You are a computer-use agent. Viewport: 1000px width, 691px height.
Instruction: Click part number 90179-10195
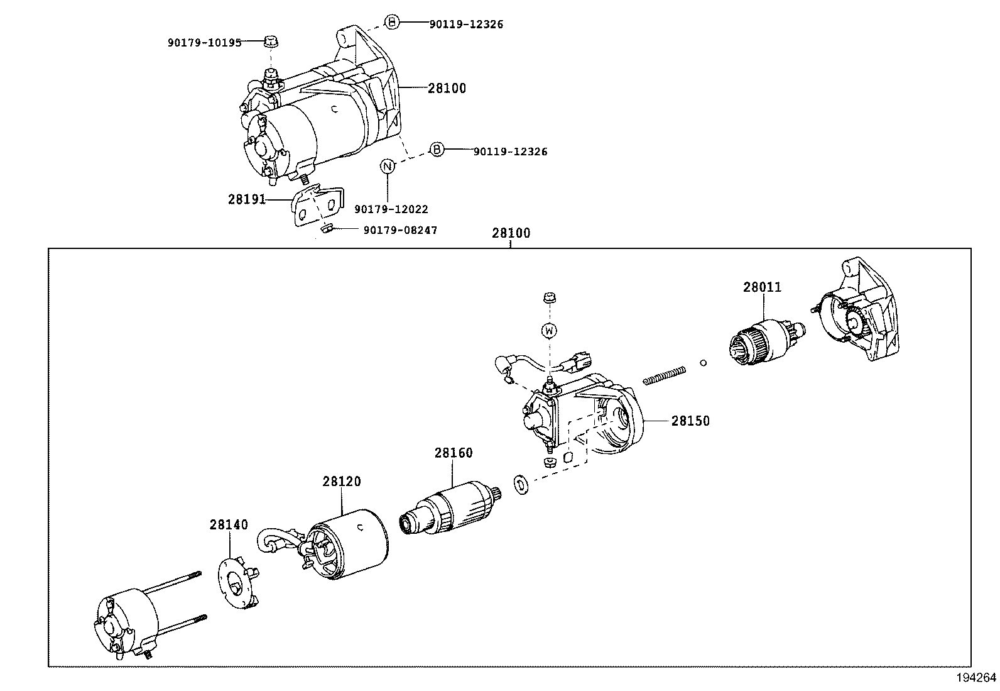click(x=204, y=43)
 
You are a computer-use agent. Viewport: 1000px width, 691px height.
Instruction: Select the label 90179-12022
click(x=391, y=209)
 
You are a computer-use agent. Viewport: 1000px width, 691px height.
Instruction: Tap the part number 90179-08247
click(x=400, y=230)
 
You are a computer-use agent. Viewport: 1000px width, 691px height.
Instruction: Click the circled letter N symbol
click(x=388, y=167)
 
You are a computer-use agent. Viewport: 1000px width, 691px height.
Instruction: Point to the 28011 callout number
click(x=762, y=287)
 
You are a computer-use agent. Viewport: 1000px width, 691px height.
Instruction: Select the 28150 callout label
click(x=690, y=421)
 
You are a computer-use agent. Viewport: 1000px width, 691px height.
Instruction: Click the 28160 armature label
click(x=453, y=453)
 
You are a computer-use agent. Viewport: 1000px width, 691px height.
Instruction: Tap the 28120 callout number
click(x=342, y=482)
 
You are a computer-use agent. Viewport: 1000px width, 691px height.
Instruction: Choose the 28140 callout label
click(x=229, y=524)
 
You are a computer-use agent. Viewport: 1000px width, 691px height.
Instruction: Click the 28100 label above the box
click(x=511, y=233)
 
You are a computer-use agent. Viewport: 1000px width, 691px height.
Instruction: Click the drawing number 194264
click(x=976, y=678)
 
